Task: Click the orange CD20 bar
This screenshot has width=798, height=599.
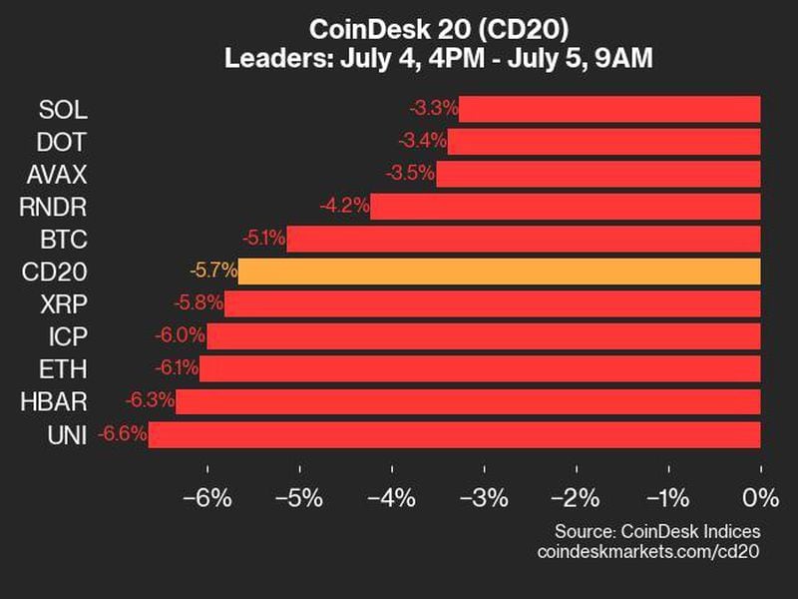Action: (499, 271)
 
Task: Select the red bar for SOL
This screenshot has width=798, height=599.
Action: (609, 109)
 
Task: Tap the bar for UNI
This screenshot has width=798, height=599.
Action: (454, 434)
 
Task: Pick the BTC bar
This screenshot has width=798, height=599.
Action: (523, 239)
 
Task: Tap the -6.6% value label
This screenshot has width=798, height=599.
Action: (123, 434)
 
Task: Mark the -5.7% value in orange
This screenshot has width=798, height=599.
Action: (212, 271)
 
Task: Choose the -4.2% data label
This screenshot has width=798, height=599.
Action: (344, 207)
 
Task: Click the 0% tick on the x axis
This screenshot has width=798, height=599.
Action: (760, 497)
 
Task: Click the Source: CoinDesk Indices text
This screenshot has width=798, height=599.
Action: (657, 531)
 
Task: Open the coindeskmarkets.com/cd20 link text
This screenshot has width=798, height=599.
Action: (648, 551)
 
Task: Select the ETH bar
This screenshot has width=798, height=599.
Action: (480, 368)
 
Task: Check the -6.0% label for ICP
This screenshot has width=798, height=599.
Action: (181, 336)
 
